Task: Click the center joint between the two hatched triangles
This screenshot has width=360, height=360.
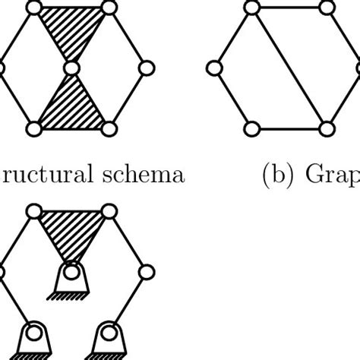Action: [x=71, y=69]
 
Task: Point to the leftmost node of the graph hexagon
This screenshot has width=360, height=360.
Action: [x=214, y=69]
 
